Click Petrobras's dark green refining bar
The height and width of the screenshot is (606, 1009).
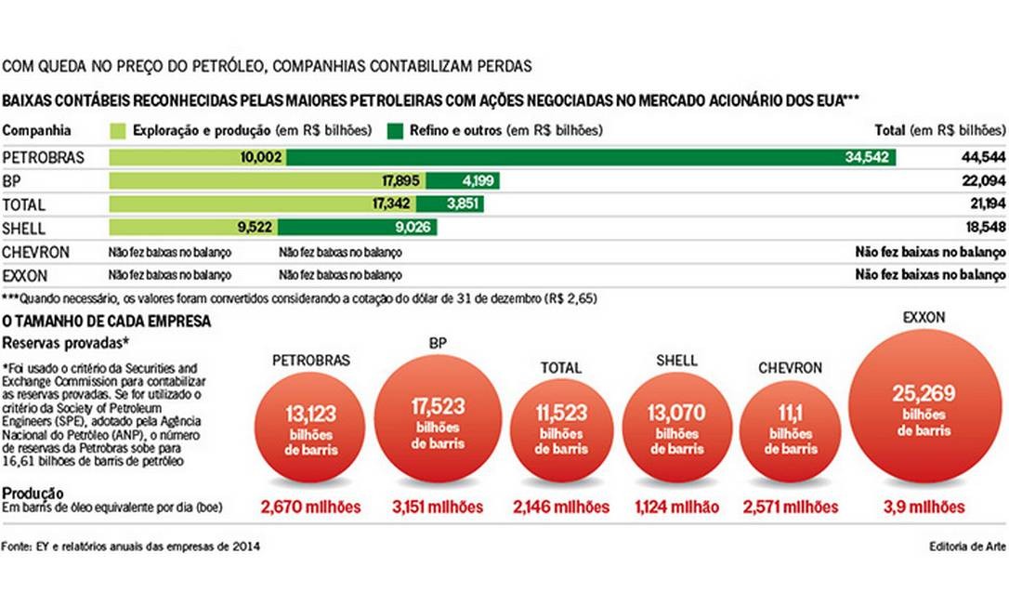click(x=591, y=158)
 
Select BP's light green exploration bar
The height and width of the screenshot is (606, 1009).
click(x=268, y=181)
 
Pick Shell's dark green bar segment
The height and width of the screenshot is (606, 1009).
click(x=357, y=228)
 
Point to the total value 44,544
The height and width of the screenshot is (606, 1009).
click(x=983, y=158)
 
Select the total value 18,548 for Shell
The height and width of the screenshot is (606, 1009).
click(x=983, y=228)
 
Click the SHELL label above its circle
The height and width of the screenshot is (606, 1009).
click(x=676, y=361)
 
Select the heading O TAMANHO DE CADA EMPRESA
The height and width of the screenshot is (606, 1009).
click(x=106, y=322)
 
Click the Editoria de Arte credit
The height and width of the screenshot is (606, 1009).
click(x=967, y=547)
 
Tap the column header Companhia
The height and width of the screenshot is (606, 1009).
click(x=37, y=131)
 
